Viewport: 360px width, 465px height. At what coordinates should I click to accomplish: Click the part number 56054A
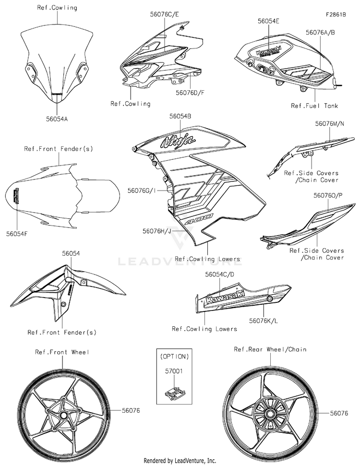click(57, 119)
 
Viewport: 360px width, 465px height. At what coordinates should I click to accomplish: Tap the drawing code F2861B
click(336, 14)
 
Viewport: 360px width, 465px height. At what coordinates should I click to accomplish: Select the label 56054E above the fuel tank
click(268, 21)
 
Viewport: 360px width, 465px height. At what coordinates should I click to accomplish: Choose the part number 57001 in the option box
click(174, 370)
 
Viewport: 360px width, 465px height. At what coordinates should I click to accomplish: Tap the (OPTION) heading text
click(174, 357)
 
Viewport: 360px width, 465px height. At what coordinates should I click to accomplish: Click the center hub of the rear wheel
click(270, 414)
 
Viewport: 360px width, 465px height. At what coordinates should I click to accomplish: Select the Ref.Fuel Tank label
click(314, 106)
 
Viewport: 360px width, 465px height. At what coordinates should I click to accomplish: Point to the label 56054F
click(17, 234)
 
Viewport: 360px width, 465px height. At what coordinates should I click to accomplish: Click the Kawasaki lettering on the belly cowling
click(225, 297)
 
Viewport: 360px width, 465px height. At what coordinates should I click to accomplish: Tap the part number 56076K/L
click(264, 321)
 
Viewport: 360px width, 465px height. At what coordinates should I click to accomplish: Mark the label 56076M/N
click(329, 124)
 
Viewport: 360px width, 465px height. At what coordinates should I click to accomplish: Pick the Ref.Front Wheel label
click(62, 352)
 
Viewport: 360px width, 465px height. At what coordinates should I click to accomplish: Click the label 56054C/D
click(219, 274)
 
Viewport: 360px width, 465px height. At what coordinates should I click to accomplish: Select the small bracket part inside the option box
click(174, 393)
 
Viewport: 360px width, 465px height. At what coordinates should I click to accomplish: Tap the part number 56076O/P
click(328, 195)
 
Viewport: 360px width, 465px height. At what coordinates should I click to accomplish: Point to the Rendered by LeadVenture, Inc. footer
click(180, 461)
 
